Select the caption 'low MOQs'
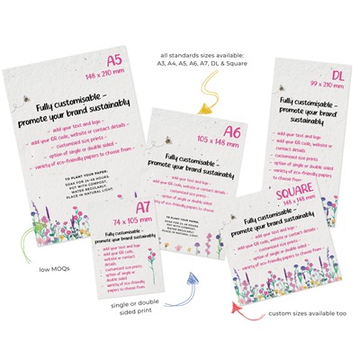pyautogui.click(x=33, y=268)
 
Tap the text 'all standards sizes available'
pyautogui.click(x=213, y=31)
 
